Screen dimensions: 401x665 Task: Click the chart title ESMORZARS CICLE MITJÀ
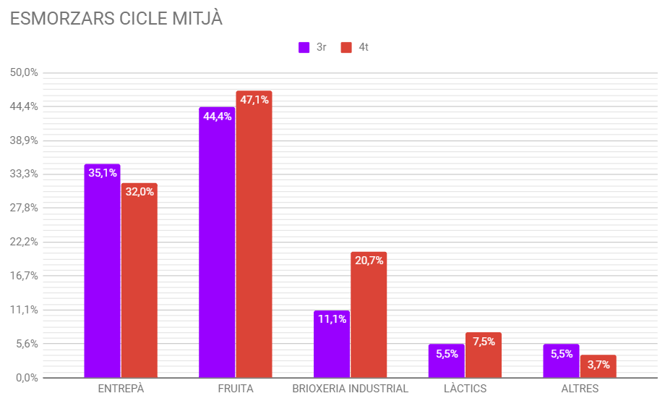click(116, 19)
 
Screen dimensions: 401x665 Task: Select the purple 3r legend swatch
click(304, 48)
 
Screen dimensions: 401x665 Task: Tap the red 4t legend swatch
click(346, 48)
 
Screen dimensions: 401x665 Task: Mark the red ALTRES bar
click(598, 367)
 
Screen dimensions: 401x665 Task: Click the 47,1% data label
click(254, 100)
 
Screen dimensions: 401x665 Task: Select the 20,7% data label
click(369, 261)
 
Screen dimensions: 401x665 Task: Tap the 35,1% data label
click(103, 173)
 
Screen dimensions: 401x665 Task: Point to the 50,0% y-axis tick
click(24, 72)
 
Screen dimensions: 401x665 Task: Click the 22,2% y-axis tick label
click(24, 242)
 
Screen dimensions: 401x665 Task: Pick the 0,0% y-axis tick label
click(26, 377)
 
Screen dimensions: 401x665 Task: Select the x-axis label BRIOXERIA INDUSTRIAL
click(350, 389)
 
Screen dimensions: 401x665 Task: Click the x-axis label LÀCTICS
click(465, 389)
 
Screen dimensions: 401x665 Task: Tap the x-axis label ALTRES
click(580, 389)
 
